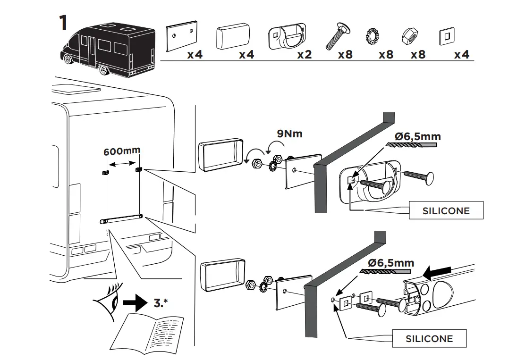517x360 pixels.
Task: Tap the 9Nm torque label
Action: [x=289, y=134]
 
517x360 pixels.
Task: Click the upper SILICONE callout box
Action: [x=446, y=210]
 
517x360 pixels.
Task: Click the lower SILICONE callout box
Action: [x=429, y=338]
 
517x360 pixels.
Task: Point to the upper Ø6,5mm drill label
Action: [x=418, y=137]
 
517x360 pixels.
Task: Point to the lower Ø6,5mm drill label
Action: [x=392, y=263]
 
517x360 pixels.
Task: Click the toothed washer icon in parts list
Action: [x=374, y=36]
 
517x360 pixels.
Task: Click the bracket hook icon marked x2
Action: [x=286, y=37]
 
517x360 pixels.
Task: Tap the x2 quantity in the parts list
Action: [x=305, y=55]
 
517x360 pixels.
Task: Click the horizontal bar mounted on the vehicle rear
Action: [x=122, y=218]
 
